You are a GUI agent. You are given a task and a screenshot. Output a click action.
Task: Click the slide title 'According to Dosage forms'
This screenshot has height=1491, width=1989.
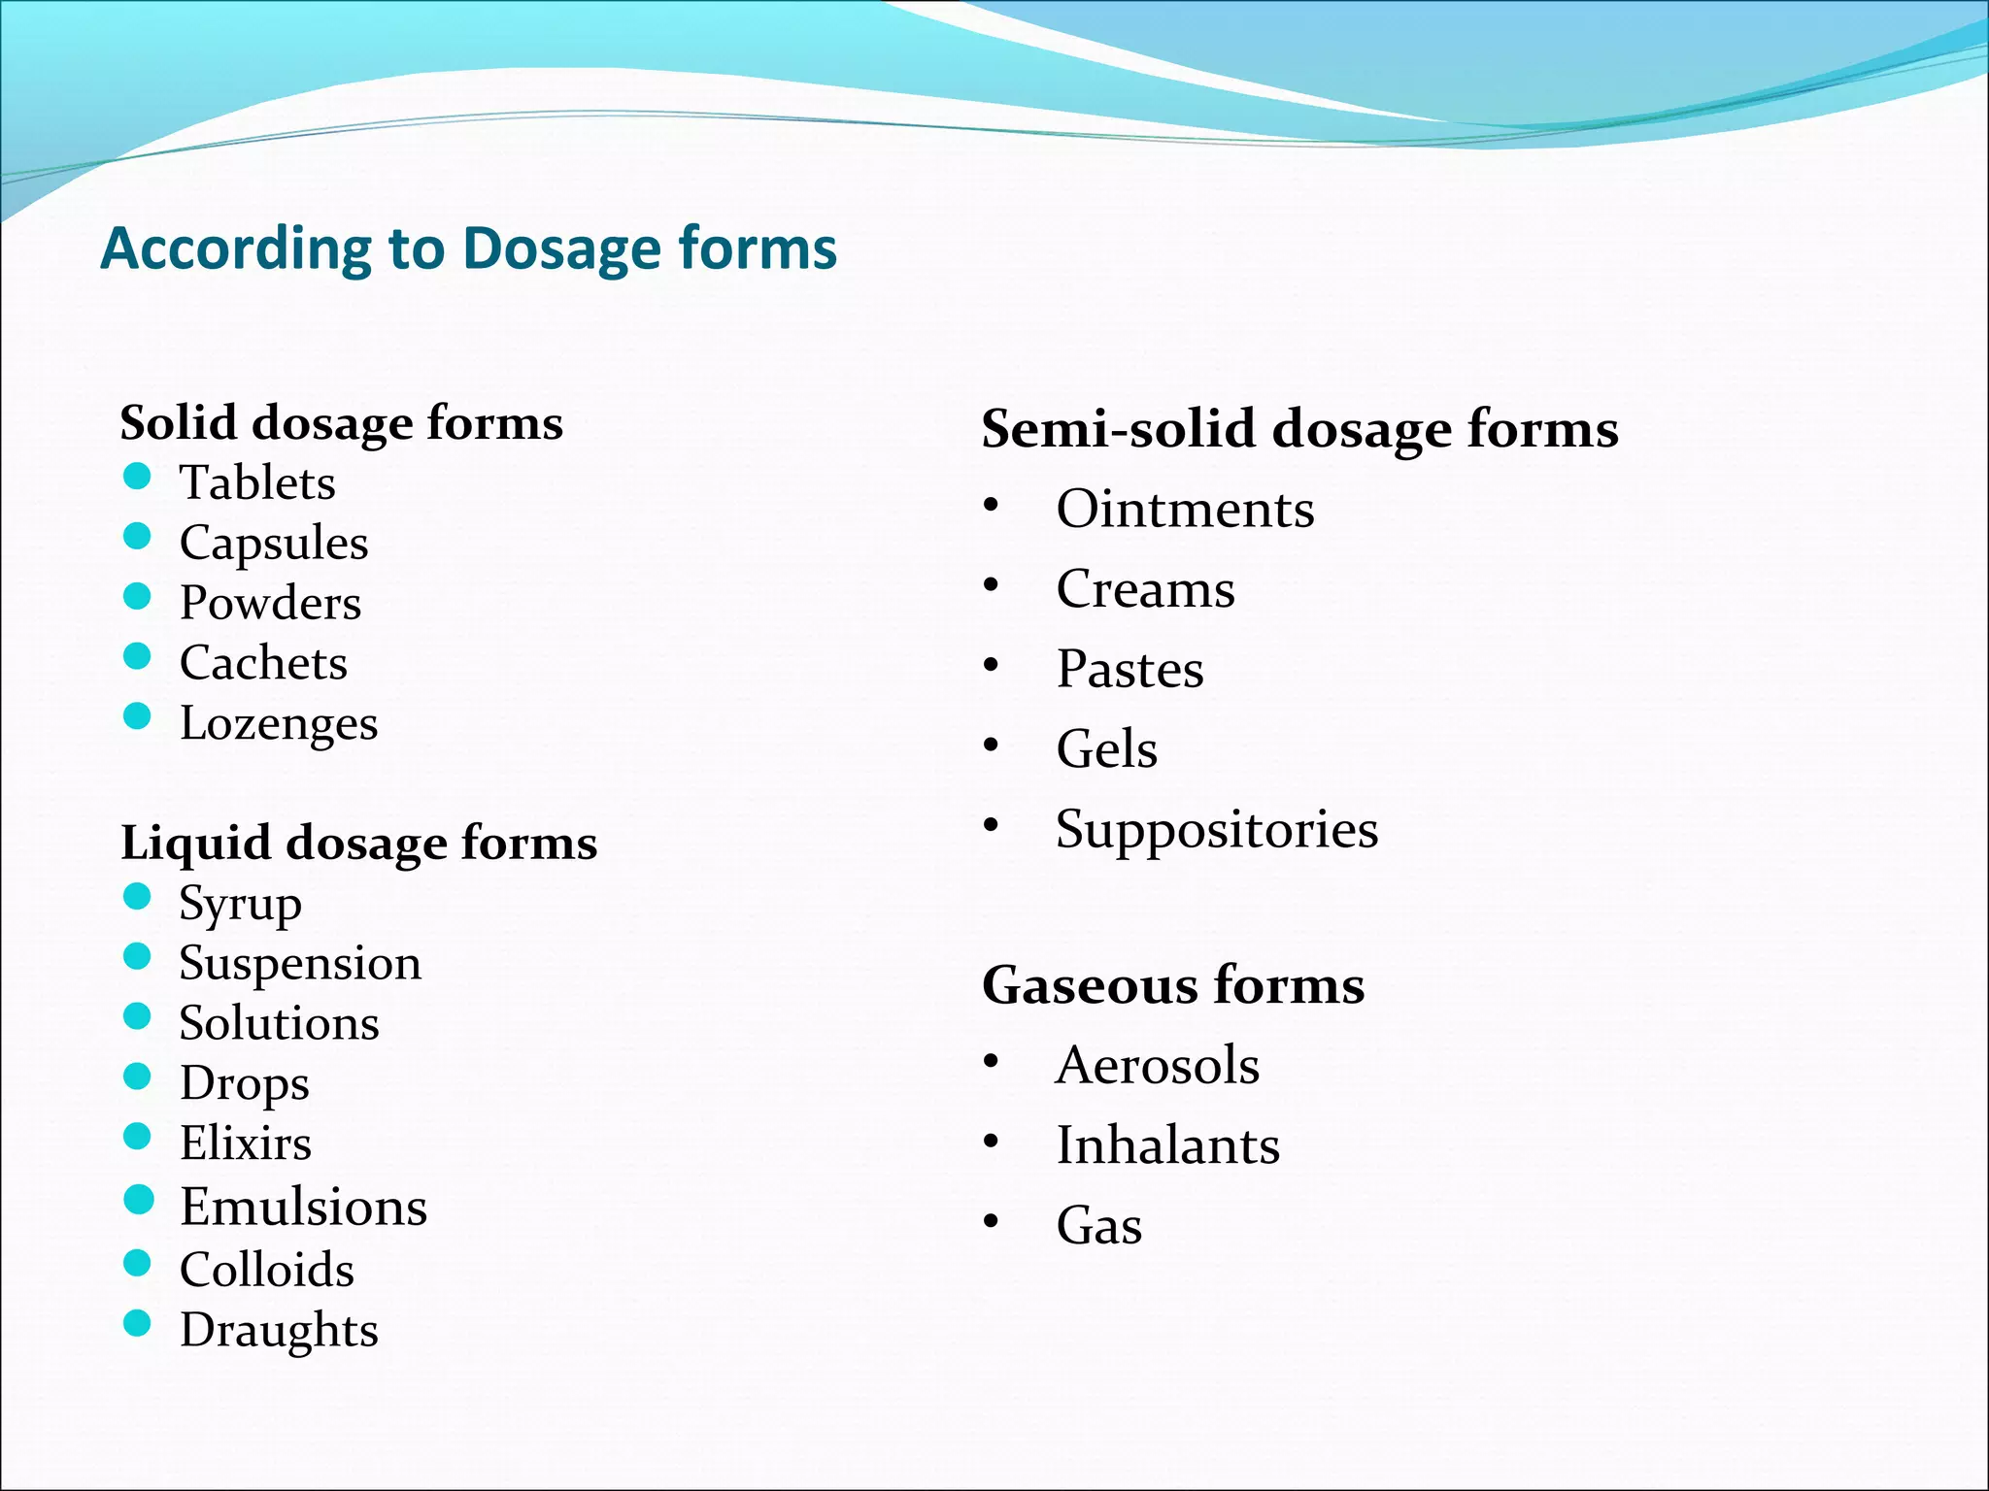pyautogui.click(x=468, y=248)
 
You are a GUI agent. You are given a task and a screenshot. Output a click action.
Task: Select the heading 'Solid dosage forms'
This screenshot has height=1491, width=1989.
pyautogui.click(x=341, y=423)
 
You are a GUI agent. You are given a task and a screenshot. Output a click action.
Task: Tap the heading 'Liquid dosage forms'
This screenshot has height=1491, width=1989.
pyautogui.click(x=358, y=843)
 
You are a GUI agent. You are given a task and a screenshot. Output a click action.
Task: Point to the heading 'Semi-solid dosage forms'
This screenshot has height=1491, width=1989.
pyautogui.click(x=1299, y=428)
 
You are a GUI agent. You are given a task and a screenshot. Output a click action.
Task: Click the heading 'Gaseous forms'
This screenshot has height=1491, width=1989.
pyautogui.click(x=1173, y=985)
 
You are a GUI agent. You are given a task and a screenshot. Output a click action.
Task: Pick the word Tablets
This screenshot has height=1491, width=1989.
pyautogui.click(x=257, y=482)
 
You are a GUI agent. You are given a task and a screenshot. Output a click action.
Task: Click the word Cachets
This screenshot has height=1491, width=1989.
pyautogui.click(x=263, y=663)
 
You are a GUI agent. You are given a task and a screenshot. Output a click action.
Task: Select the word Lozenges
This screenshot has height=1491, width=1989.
pyautogui.click(x=279, y=724)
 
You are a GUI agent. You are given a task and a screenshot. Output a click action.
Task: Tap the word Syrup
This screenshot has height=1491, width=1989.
pyautogui.click(x=240, y=905)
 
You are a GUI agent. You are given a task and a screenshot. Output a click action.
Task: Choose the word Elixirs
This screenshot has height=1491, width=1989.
pyautogui.click(x=246, y=1143)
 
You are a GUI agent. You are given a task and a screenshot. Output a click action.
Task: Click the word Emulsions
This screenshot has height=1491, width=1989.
pyautogui.click(x=303, y=1207)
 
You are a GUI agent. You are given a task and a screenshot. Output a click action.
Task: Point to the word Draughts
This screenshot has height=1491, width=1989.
pyautogui.click(x=279, y=1330)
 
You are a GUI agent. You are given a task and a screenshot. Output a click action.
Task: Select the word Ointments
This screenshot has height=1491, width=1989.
pyautogui.click(x=1185, y=510)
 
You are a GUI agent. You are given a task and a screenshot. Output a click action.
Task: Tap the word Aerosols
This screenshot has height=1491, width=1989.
pyautogui.click(x=1158, y=1066)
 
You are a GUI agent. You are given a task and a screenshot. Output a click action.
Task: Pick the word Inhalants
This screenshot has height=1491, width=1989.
pyautogui.click(x=1167, y=1145)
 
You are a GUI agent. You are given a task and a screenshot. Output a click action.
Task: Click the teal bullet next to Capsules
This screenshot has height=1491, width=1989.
pyautogui.click(x=138, y=537)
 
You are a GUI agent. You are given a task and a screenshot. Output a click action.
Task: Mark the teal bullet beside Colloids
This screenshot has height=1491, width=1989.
pyautogui.click(x=138, y=1263)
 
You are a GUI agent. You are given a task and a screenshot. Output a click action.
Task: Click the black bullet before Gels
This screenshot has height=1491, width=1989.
pyautogui.click(x=991, y=745)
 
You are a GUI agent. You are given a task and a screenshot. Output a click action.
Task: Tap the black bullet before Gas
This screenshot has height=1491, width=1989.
pyautogui.click(x=991, y=1221)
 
